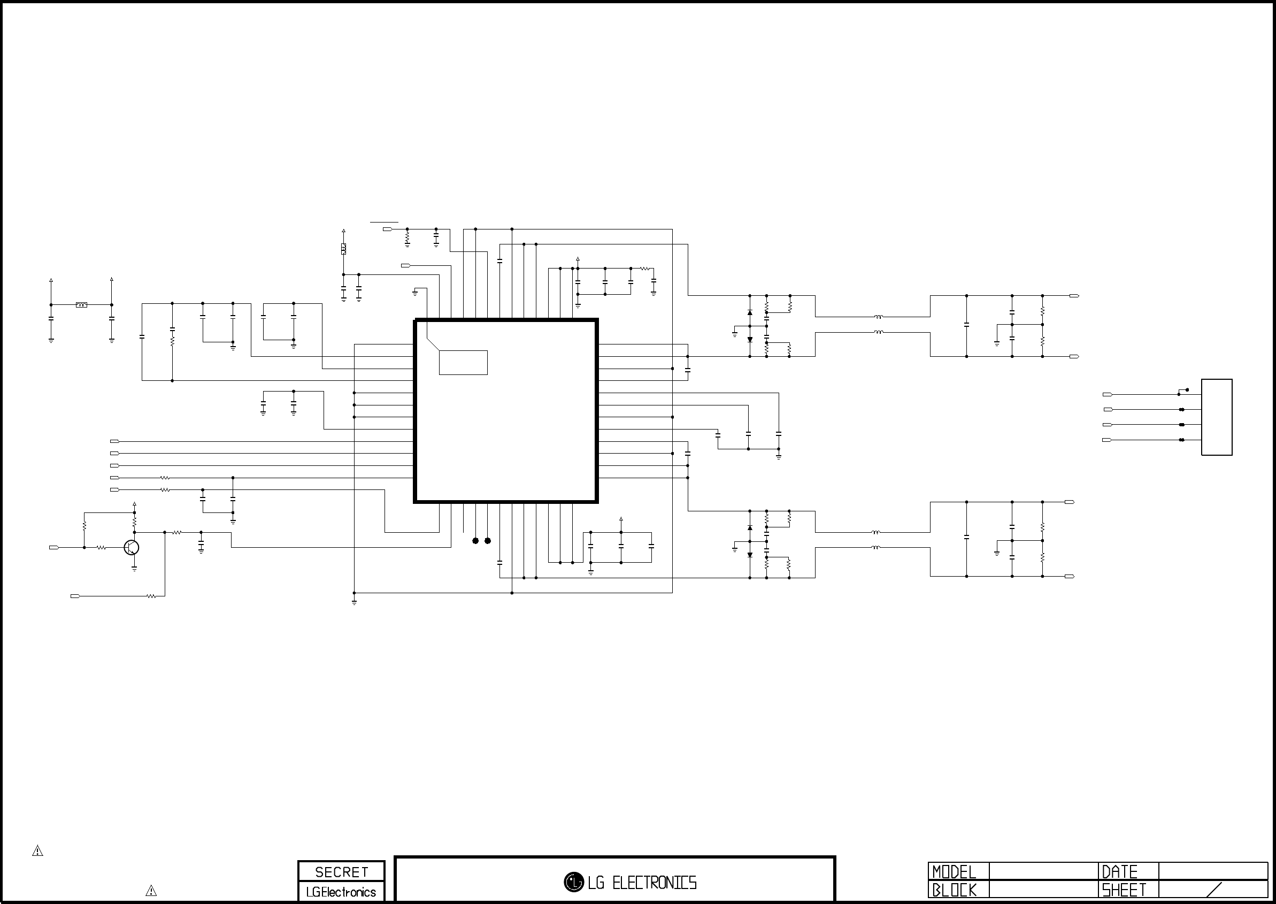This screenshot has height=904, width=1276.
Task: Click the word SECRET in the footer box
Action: (x=342, y=872)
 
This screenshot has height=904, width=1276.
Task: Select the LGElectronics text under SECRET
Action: (x=341, y=892)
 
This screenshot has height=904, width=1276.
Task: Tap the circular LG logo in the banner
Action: (x=574, y=882)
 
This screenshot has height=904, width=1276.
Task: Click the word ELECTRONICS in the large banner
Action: (x=655, y=883)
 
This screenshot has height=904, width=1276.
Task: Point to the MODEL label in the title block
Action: (x=954, y=872)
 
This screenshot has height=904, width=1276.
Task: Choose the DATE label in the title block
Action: (x=1120, y=872)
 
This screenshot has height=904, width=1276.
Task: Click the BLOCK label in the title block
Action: (x=955, y=890)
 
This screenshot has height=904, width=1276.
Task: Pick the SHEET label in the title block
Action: (x=1124, y=890)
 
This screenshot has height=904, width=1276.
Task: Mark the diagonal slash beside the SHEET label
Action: (x=1213, y=890)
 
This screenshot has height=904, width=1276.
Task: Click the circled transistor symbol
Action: (x=132, y=548)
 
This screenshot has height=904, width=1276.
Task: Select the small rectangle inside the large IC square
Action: (x=463, y=362)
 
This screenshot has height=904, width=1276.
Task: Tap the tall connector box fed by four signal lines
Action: (x=1217, y=417)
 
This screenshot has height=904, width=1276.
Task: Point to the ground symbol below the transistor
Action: (x=134, y=569)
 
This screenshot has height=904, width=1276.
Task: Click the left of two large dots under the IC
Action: (x=475, y=540)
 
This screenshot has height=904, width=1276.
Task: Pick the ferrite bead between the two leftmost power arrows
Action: (x=81, y=305)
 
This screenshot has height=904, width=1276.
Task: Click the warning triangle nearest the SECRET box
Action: (x=151, y=891)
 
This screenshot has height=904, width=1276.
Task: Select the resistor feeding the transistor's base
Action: (x=101, y=548)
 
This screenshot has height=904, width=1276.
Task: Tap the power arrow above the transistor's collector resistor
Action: (x=134, y=504)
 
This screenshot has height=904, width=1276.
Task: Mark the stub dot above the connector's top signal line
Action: (x=1188, y=389)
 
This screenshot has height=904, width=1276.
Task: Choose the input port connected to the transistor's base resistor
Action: (x=54, y=548)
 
